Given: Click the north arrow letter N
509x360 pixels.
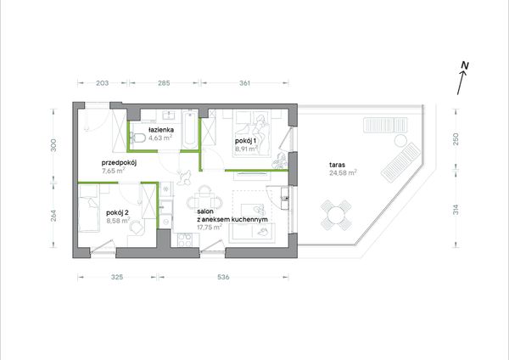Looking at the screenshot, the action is pyautogui.click(x=465, y=65).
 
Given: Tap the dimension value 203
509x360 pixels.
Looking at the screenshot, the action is pyautogui.click(x=103, y=83).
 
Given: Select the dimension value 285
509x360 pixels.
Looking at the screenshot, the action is pyautogui.click(x=164, y=83).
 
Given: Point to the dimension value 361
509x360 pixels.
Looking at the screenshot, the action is pyautogui.click(x=245, y=83).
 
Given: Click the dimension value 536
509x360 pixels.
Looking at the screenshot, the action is pyautogui.click(x=223, y=277).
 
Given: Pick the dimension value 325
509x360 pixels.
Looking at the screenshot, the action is pyautogui.click(x=117, y=277).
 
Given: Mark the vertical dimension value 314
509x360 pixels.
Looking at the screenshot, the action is pyautogui.click(x=456, y=210).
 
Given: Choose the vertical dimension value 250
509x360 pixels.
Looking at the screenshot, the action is pyautogui.click(x=456, y=139).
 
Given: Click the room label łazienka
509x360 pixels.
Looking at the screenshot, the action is pyautogui.click(x=161, y=130).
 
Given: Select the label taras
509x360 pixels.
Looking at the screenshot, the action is pyautogui.click(x=337, y=165).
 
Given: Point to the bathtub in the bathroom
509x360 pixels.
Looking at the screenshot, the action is pyautogui.click(x=189, y=129).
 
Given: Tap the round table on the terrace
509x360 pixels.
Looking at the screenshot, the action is pyautogui.click(x=336, y=215).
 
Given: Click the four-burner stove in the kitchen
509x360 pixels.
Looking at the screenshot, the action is pyautogui.click(x=185, y=240).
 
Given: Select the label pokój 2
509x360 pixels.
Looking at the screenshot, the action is pyautogui.click(x=118, y=212).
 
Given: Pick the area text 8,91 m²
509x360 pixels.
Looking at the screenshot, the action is pyautogui.click(x=246, y=149).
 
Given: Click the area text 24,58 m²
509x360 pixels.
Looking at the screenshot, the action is pyautogui.click(x=343, y=172).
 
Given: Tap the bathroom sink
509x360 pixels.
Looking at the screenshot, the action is pyautogui.click(x=169, y=115).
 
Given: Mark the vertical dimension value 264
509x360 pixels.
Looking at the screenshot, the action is pyautogui.click(x=53, y=216).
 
